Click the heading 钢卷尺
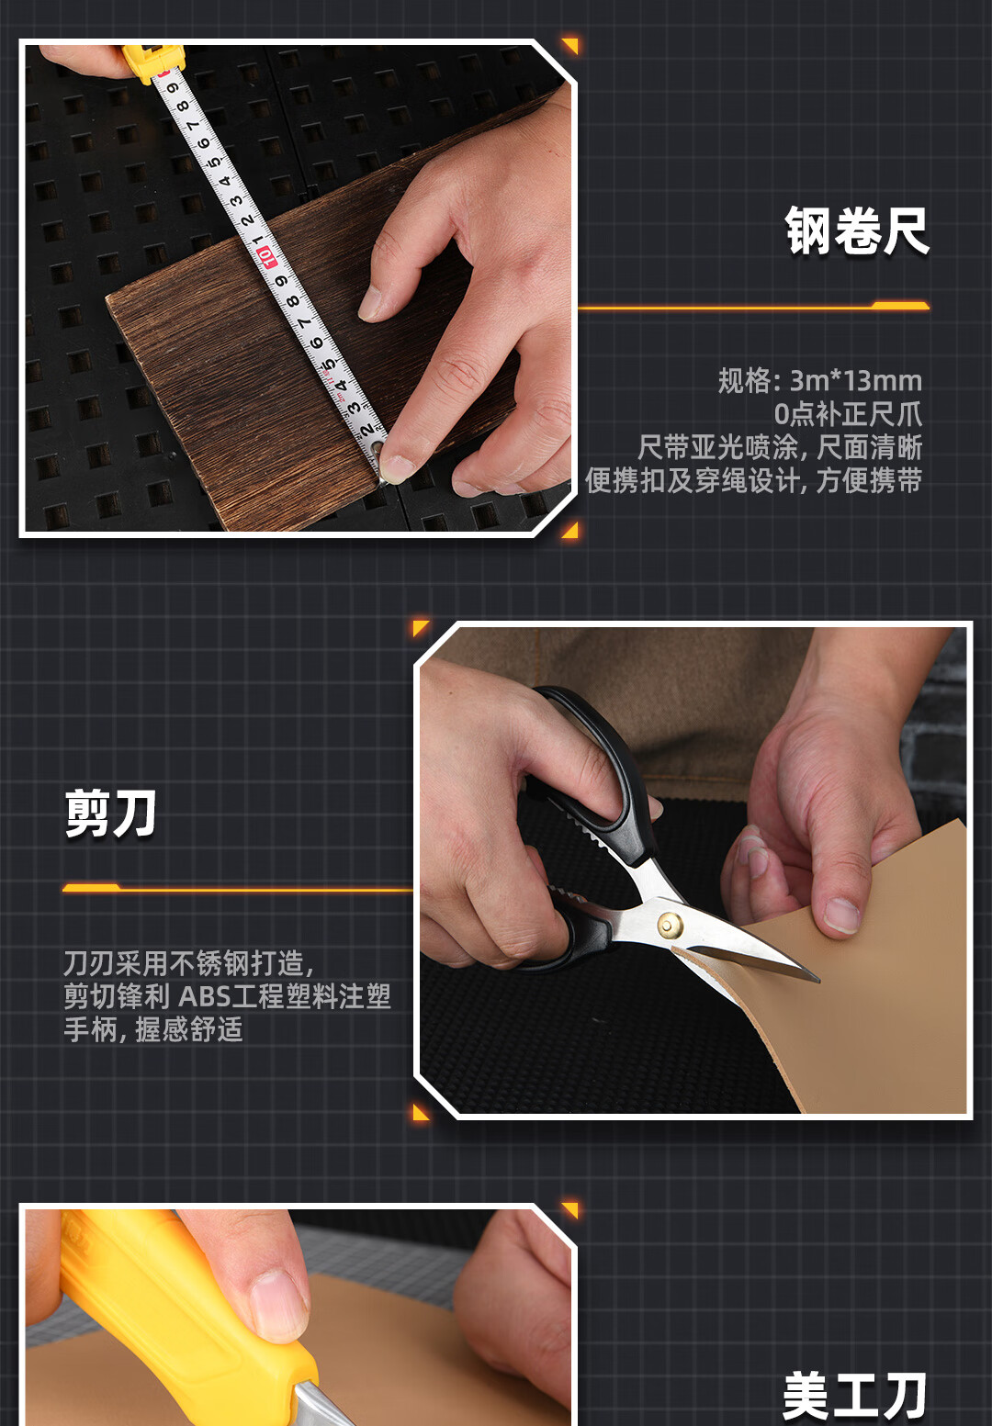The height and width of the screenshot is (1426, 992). (x=857, y=230)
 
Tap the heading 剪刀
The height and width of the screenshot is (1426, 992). (x=111, y=813)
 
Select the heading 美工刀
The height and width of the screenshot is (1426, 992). (x=854, y=1396)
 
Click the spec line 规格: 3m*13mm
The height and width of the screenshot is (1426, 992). (x=820, y=381)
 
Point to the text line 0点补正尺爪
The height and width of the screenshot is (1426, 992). (x=848, y=414)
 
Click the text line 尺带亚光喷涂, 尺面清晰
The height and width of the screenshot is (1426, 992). (x=780, y=447)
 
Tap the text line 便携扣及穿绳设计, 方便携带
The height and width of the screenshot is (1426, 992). (x=754, y=480)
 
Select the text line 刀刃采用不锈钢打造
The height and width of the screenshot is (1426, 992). (x=188, y=963)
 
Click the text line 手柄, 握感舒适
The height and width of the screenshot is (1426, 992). (x=153, y=1029)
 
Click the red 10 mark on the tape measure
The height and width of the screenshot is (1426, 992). (x=265, y=257)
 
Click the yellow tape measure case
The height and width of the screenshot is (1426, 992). (x=153, y=62)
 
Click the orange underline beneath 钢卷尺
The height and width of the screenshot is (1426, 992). (x=754, y=307)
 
